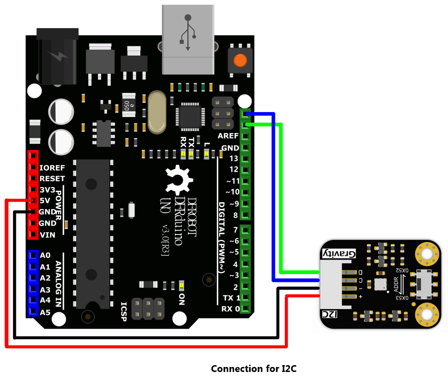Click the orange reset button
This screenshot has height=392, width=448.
pos(240,61)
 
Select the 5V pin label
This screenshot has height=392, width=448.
pos(45,200)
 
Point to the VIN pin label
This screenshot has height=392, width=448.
pos(47,235)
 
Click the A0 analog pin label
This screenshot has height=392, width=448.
pos(45,255)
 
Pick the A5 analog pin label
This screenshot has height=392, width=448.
pos(45,312)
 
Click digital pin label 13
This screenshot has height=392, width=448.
pos(233,158)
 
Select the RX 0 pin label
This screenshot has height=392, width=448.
pos(230,309)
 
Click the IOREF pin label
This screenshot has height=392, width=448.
pos(52,168)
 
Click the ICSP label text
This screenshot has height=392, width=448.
pos(124,311)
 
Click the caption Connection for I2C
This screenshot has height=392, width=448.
pos(253,369)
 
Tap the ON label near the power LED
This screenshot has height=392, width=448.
pos(182,299)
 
